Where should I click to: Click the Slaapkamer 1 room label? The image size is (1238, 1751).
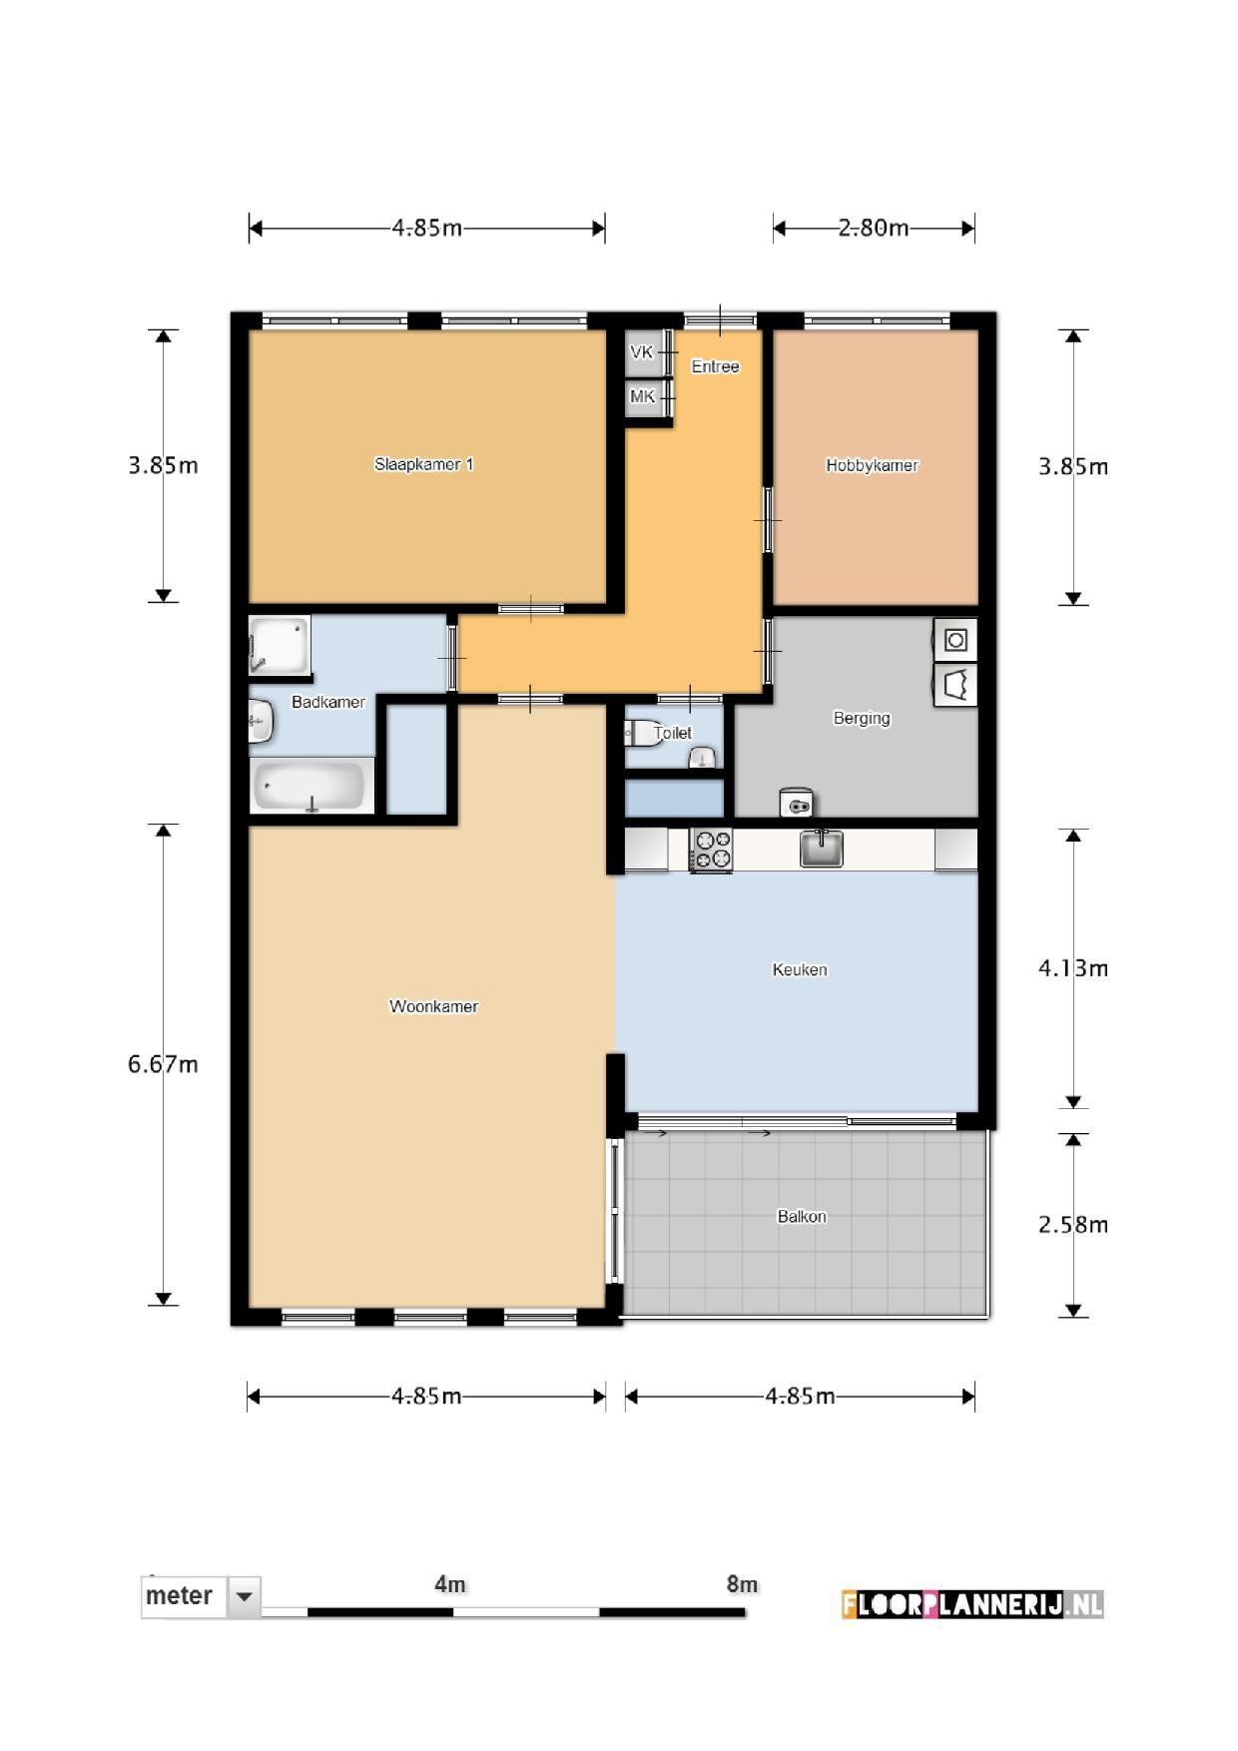423,464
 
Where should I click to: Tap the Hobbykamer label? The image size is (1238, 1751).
872,465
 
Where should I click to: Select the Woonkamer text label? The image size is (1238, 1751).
433,1006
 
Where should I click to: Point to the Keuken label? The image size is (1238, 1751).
800,969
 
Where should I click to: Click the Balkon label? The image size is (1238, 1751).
802,1216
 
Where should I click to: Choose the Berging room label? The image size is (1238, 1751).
862,718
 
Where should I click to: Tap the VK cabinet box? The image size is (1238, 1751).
643,352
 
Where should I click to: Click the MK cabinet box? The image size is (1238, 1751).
643,397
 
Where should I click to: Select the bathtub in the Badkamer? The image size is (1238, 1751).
311,786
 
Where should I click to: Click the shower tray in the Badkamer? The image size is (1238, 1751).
280,645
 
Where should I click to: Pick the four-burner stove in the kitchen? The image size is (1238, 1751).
712,850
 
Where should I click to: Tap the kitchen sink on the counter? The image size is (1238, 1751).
822,849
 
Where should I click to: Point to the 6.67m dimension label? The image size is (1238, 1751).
163,1064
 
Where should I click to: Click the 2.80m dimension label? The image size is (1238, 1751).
874,228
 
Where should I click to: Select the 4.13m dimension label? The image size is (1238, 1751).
1073,968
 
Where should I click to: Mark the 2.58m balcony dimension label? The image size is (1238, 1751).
1073,1225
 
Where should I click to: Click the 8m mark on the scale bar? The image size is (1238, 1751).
742,1584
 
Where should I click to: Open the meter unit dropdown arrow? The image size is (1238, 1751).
244,1597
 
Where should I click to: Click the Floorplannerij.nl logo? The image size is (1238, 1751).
972,1604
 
